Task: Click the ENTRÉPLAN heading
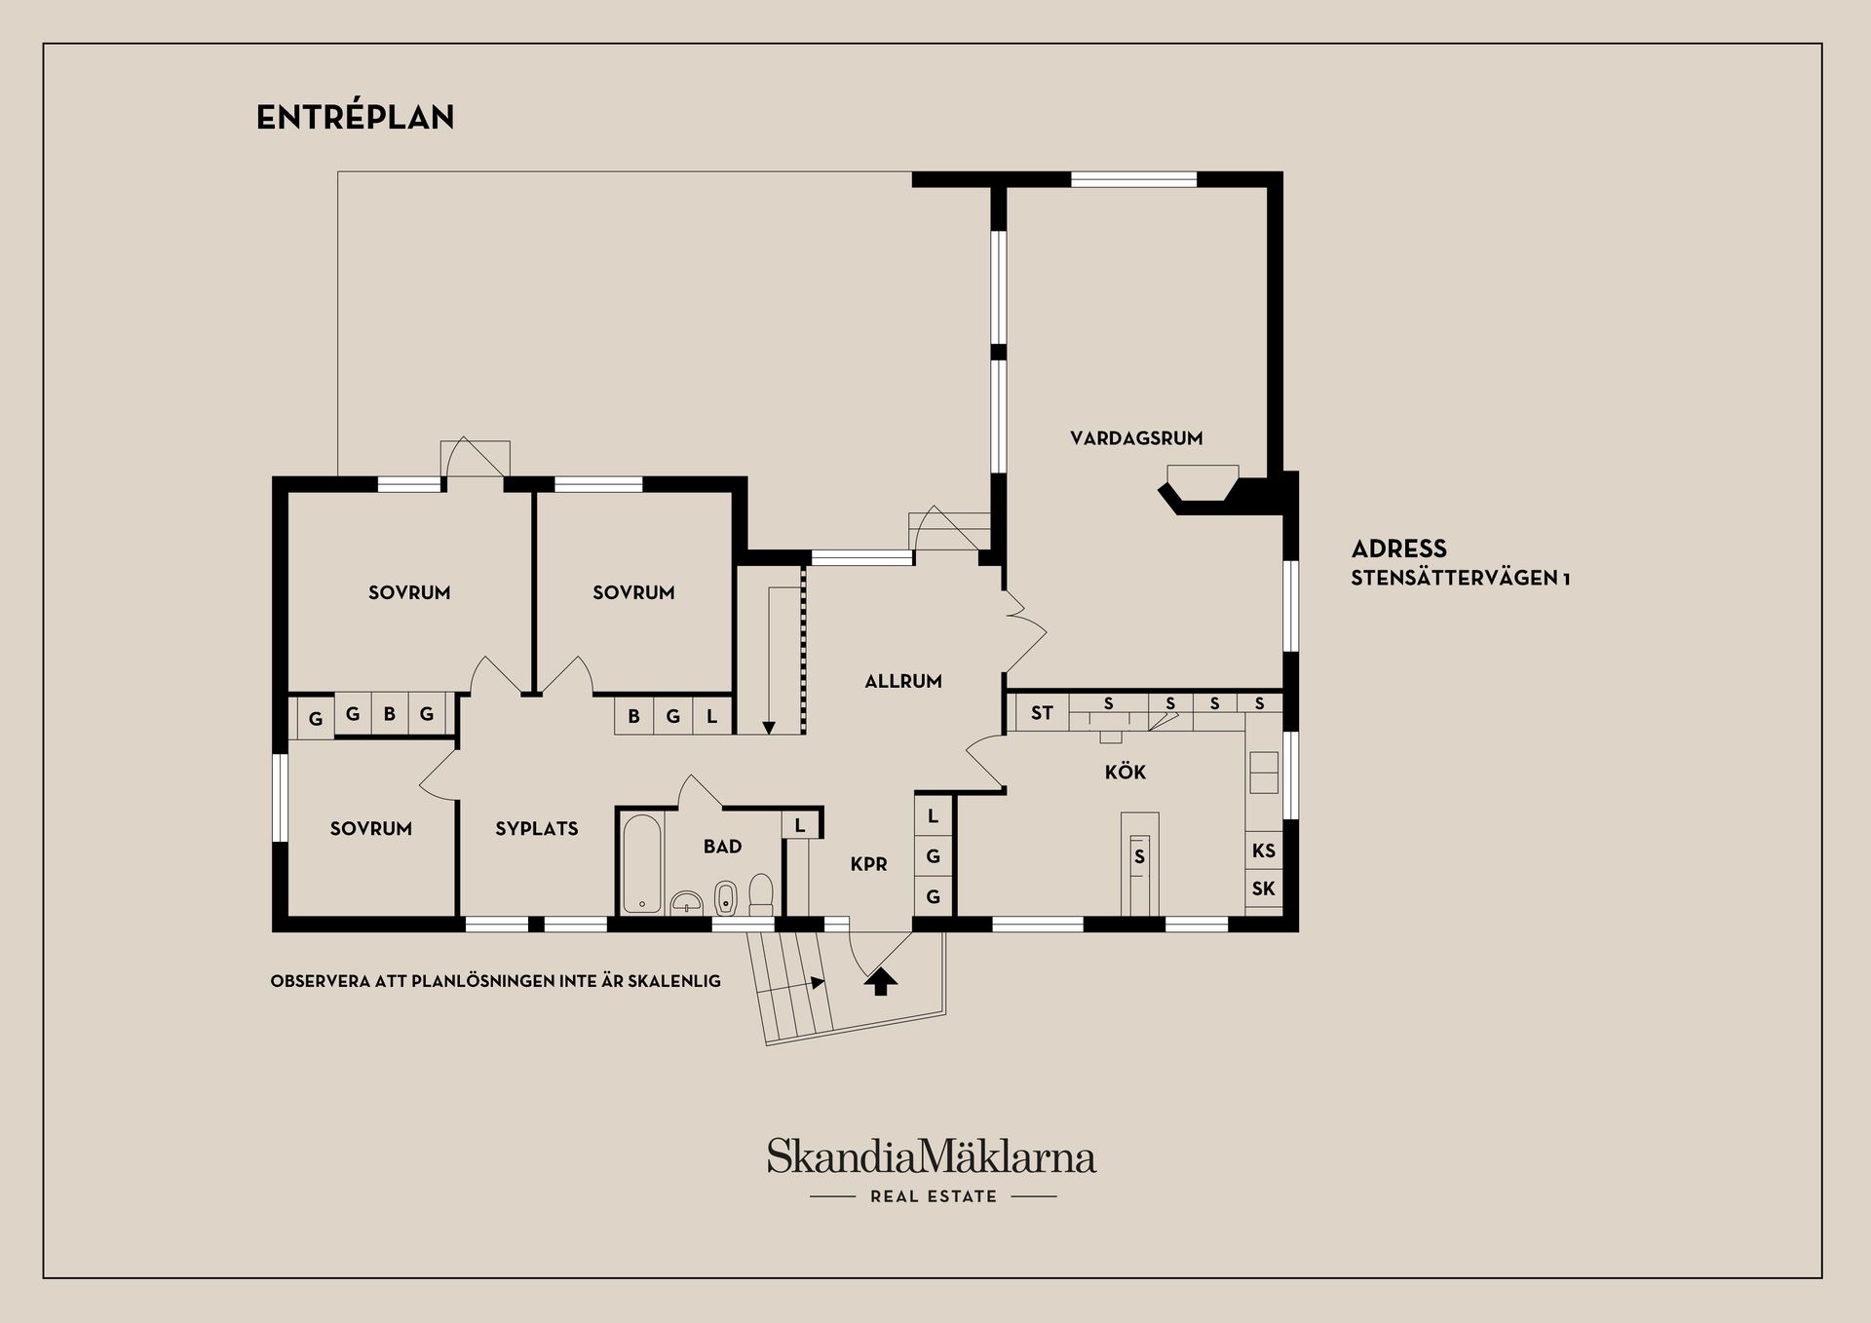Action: click(355, 118)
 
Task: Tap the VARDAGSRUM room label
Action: click(1136, 438)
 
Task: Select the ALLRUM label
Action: click(903, 682)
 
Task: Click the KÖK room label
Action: click(1126, 773)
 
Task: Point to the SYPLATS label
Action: click(537, 829)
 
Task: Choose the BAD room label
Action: click(723, 847)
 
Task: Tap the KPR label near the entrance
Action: click(868, 864)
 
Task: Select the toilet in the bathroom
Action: click(761, 893)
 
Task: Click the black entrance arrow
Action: click(881, 981)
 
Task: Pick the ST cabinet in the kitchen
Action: click(1042, 713)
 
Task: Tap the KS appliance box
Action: click(1264, 850)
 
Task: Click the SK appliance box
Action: click(1264, 888)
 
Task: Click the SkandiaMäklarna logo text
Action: click(932, 1157)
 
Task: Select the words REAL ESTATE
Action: click(934, 1196)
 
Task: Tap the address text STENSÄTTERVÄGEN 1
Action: click(1460, 579)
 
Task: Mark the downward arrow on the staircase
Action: click(769, 726)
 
